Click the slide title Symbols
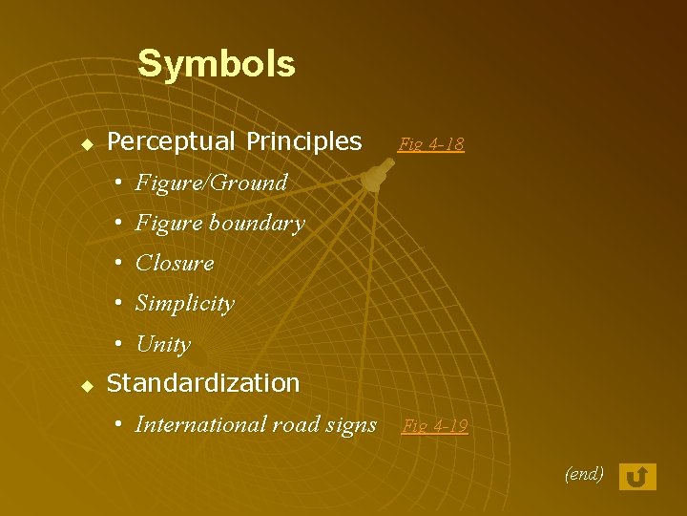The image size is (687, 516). point(217,64)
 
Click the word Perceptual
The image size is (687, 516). point(171,142)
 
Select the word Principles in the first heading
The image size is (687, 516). point(303,142)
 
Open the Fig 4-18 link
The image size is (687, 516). point(431,144)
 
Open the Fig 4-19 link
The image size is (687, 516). point(435,426)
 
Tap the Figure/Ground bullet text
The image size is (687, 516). point(211,183)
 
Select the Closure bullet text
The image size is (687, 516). point(175,263)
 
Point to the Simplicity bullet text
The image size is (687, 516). point(184,304)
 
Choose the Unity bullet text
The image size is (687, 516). point(163,344)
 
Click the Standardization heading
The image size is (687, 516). point(203,384)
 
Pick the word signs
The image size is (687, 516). point(352,424)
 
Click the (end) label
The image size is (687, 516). point(584,473)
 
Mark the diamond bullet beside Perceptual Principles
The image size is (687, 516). point(86,144)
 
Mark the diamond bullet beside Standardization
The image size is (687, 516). point(86,386)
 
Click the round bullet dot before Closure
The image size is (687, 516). point(117,263)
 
